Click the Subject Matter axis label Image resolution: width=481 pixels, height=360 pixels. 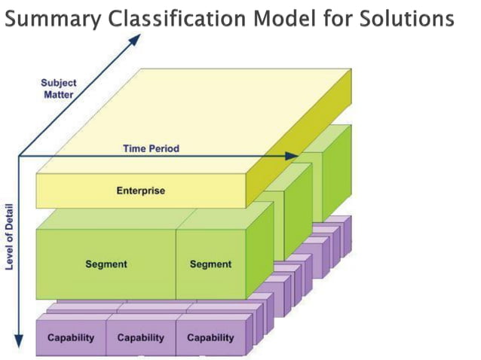tap(59, 89)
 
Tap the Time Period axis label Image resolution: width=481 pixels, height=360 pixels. tap(151, 148)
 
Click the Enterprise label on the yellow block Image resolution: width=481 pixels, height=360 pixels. tap(140, 191)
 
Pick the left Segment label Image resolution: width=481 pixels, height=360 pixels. tap(106, 264)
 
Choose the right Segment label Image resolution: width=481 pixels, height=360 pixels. tap(210, 264)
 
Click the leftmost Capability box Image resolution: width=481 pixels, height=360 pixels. tap(71, 337)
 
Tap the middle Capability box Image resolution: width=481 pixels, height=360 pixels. tap(141, 337)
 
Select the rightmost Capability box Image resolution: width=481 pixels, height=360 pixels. tap(210, 337)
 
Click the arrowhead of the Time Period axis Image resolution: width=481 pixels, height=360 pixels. tap(293, 156)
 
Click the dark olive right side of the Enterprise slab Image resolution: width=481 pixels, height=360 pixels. tap(302, 151)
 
